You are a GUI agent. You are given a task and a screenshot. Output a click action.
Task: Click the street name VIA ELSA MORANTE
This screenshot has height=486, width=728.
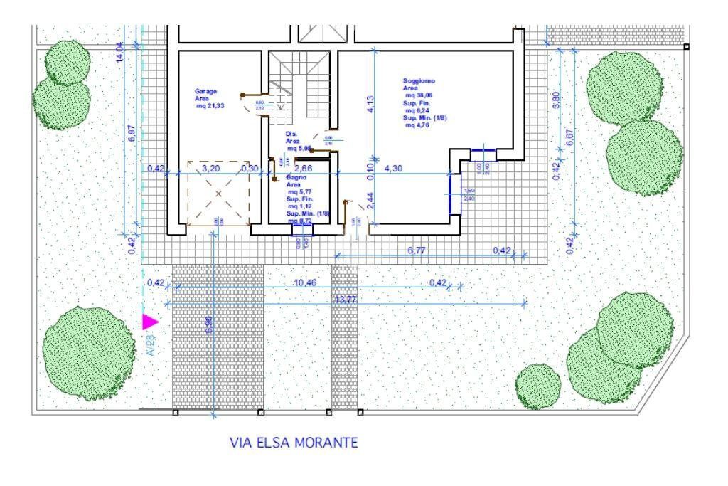click(x=294, y=443)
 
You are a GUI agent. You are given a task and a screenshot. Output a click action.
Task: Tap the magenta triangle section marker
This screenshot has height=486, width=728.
click(x=149, y=322)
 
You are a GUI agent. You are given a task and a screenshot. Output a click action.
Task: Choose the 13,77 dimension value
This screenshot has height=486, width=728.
click(x=345, y=300)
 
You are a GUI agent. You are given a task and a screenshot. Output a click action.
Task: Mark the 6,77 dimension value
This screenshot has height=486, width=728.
click(x=419, y=250)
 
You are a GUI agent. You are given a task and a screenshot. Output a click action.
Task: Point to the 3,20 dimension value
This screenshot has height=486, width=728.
click(x=210, y=169)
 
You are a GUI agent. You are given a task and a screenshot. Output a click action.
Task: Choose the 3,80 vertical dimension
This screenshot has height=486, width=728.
click(x=555, y=101)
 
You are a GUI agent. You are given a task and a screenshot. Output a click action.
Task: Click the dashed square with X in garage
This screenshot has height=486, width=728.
click(x=218, y=193)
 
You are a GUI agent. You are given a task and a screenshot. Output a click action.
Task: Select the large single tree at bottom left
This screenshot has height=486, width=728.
click(x=88, y=353)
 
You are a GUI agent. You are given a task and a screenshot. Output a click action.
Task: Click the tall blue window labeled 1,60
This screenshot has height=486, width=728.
click(x=454, y=194)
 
